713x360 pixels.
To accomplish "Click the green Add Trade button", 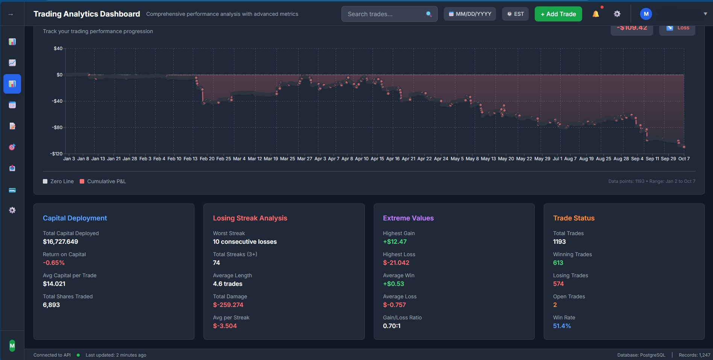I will [x=558, y=14].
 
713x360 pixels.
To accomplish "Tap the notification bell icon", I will [x=596, y=14].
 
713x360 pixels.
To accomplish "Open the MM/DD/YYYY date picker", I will [x=470, y=14].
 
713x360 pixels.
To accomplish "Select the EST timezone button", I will [x=515, y=14].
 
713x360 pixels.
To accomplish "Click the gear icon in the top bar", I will [x=617, y=14].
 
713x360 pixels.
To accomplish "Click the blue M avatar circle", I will [x=646, y=14].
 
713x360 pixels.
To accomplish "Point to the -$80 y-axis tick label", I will [x=57, y=128].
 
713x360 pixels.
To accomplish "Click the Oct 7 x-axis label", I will [x=684, y=159].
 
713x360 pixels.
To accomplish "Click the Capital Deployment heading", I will [x=75, y=218].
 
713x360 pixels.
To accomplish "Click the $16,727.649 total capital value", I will [x=61, y=242].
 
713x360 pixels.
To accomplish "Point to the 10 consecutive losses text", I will [x=245, y=242].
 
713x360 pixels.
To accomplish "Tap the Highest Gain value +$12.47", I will [x=394, y=242].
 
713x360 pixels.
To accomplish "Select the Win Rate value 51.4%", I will [x=562, y=326].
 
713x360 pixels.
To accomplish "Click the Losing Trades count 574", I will [x=558, y=284].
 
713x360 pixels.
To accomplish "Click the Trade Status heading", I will [x=573, y=218].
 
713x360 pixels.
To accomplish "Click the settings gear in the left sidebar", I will [x=12, y=210].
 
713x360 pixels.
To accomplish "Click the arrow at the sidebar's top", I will [x=11, y=14].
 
